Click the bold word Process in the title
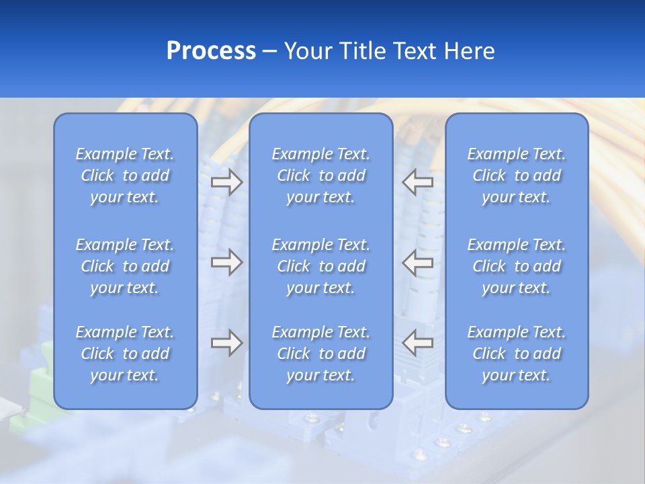[x=211, y=51]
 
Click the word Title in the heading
[x=363, y=51]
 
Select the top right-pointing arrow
[x=226, y=182]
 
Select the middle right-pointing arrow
[x=226, y=262]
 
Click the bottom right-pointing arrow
[x=226, y=343]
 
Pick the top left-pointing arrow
[x=417, y=182]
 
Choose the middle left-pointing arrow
[x=417, y=262]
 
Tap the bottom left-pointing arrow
[x=417, y=343]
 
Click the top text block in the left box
[x=125, y=175]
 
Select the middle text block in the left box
[x=125, y=266]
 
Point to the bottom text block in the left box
[x=125, y=354]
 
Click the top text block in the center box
[x=320, y=175]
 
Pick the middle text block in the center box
[x=320, y=266]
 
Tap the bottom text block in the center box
[x=320, y=354]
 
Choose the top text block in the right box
[x=516, y=175]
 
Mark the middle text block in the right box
[x=516, y=266]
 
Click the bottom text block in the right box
[x=516, y=354]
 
